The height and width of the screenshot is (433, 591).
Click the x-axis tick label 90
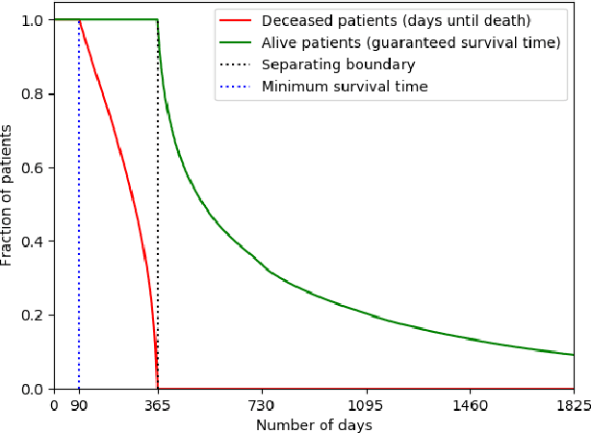tap(79, 406)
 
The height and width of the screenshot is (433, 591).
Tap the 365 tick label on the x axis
tap(158, 406)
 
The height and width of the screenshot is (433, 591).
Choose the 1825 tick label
tap(573, 406)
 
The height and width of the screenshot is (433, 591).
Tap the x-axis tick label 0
tap(54, 406)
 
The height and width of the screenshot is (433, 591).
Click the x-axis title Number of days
tap(314, 424)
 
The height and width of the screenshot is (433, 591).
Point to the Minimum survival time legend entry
tap(345, 87)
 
